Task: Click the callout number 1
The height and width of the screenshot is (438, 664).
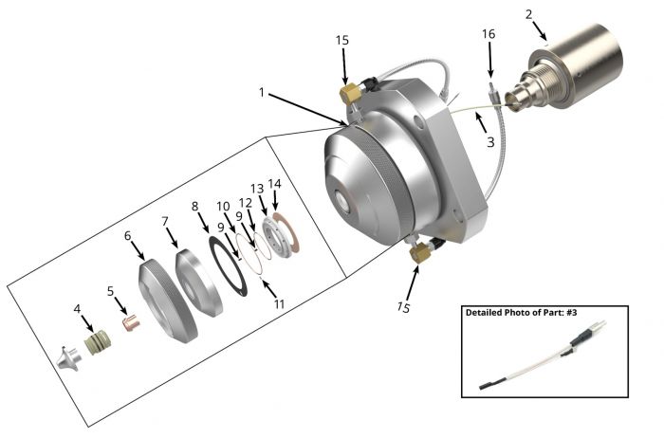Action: [x=260, y=94]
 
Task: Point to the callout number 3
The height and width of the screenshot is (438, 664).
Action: [x=489, y=143]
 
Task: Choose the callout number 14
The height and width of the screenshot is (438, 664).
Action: [x=275, y=184]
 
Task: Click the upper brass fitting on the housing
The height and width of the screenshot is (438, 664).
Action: [x=348, y=94]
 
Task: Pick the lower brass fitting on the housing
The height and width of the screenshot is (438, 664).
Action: [x=418, y=254]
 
